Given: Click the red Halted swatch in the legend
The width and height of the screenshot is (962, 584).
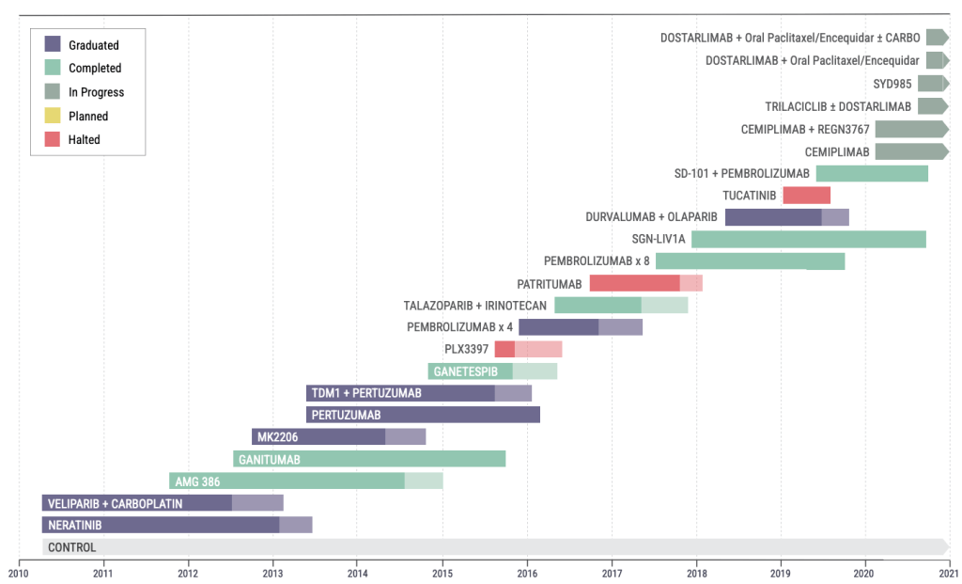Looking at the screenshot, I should [x=53, y=139].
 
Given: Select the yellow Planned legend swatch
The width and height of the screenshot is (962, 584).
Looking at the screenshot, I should [x=53, y=116].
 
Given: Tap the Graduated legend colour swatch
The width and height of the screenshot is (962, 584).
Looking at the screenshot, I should [x=53, y=44].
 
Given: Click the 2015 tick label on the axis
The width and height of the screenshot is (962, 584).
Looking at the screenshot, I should [x=442, y=571].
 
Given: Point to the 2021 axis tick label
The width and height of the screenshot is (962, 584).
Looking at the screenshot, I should [x=949, y=571].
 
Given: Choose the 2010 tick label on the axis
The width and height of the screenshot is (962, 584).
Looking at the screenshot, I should [x=19, y=571].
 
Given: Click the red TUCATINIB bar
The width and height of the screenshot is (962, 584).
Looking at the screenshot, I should [x=806, y=196].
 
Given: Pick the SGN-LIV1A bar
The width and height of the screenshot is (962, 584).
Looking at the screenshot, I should [x=808, y=239].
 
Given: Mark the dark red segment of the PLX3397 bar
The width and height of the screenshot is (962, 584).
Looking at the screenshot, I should [x=504, y=349].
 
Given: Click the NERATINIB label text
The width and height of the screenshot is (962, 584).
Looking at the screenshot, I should [x=75, y=525].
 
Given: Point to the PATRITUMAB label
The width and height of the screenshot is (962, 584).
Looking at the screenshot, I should [x=550, y=283].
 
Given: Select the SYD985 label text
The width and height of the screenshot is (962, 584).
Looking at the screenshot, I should [x=892, y=84].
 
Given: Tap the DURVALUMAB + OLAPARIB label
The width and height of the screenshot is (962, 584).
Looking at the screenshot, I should [x=652, y=217].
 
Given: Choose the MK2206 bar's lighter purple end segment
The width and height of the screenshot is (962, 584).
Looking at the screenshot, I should [x=405, y=436].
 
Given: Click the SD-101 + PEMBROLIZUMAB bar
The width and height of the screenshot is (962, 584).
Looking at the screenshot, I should [x=871, y=173].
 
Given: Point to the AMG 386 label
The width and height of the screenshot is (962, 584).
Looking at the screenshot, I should [x=197, y=481].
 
